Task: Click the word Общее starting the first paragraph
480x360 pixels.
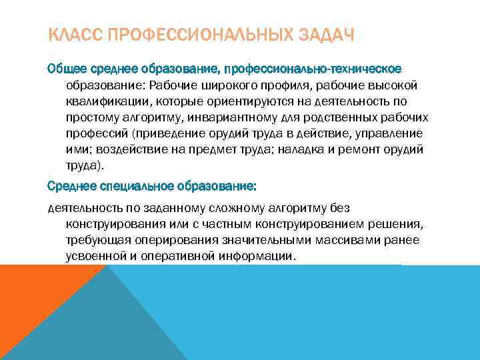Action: point(65,69)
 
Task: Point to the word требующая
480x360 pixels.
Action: point(95,240)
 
